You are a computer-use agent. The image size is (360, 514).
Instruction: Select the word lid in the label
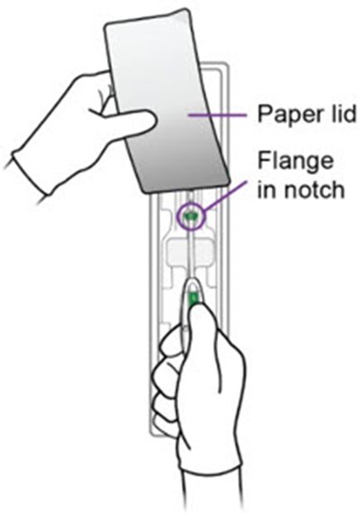[341, 113]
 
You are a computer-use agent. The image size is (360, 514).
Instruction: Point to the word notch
[314, 189]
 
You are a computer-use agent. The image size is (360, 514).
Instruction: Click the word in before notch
[267, 189]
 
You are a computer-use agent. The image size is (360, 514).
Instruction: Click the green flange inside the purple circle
[190, 216]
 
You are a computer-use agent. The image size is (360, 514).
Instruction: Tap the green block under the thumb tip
[193, 299]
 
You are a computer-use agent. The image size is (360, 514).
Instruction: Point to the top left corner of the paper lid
[105, 28]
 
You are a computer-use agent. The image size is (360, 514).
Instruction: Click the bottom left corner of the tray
[151, 435]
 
